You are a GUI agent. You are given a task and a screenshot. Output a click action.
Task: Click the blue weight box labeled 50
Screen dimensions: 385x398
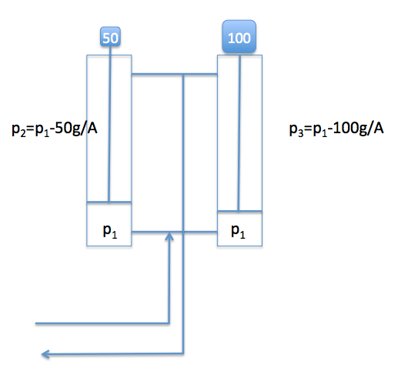[111, 36]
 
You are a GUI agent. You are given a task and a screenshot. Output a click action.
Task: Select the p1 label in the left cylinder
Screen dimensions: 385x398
[110, 231]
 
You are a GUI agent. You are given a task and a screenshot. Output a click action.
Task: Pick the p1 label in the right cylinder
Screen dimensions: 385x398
[240, 231]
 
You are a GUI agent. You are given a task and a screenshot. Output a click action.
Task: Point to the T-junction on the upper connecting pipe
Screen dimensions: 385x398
[183, 75]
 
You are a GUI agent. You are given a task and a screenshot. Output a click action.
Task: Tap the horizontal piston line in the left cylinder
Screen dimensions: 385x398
[109, 203]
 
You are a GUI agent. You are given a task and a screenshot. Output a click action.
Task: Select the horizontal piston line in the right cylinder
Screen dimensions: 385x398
[239, 209]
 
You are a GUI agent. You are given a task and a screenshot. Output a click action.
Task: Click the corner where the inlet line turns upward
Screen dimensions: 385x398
[169, 323]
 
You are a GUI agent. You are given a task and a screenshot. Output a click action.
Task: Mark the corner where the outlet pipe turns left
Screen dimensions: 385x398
[183, 354]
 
